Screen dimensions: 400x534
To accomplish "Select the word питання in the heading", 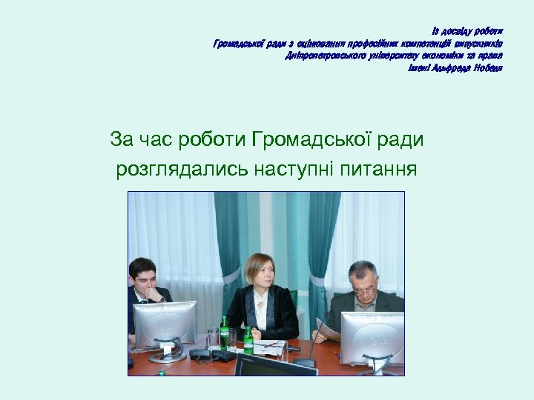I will coord(378,170).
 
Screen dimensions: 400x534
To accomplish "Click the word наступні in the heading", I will coord(292,170).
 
